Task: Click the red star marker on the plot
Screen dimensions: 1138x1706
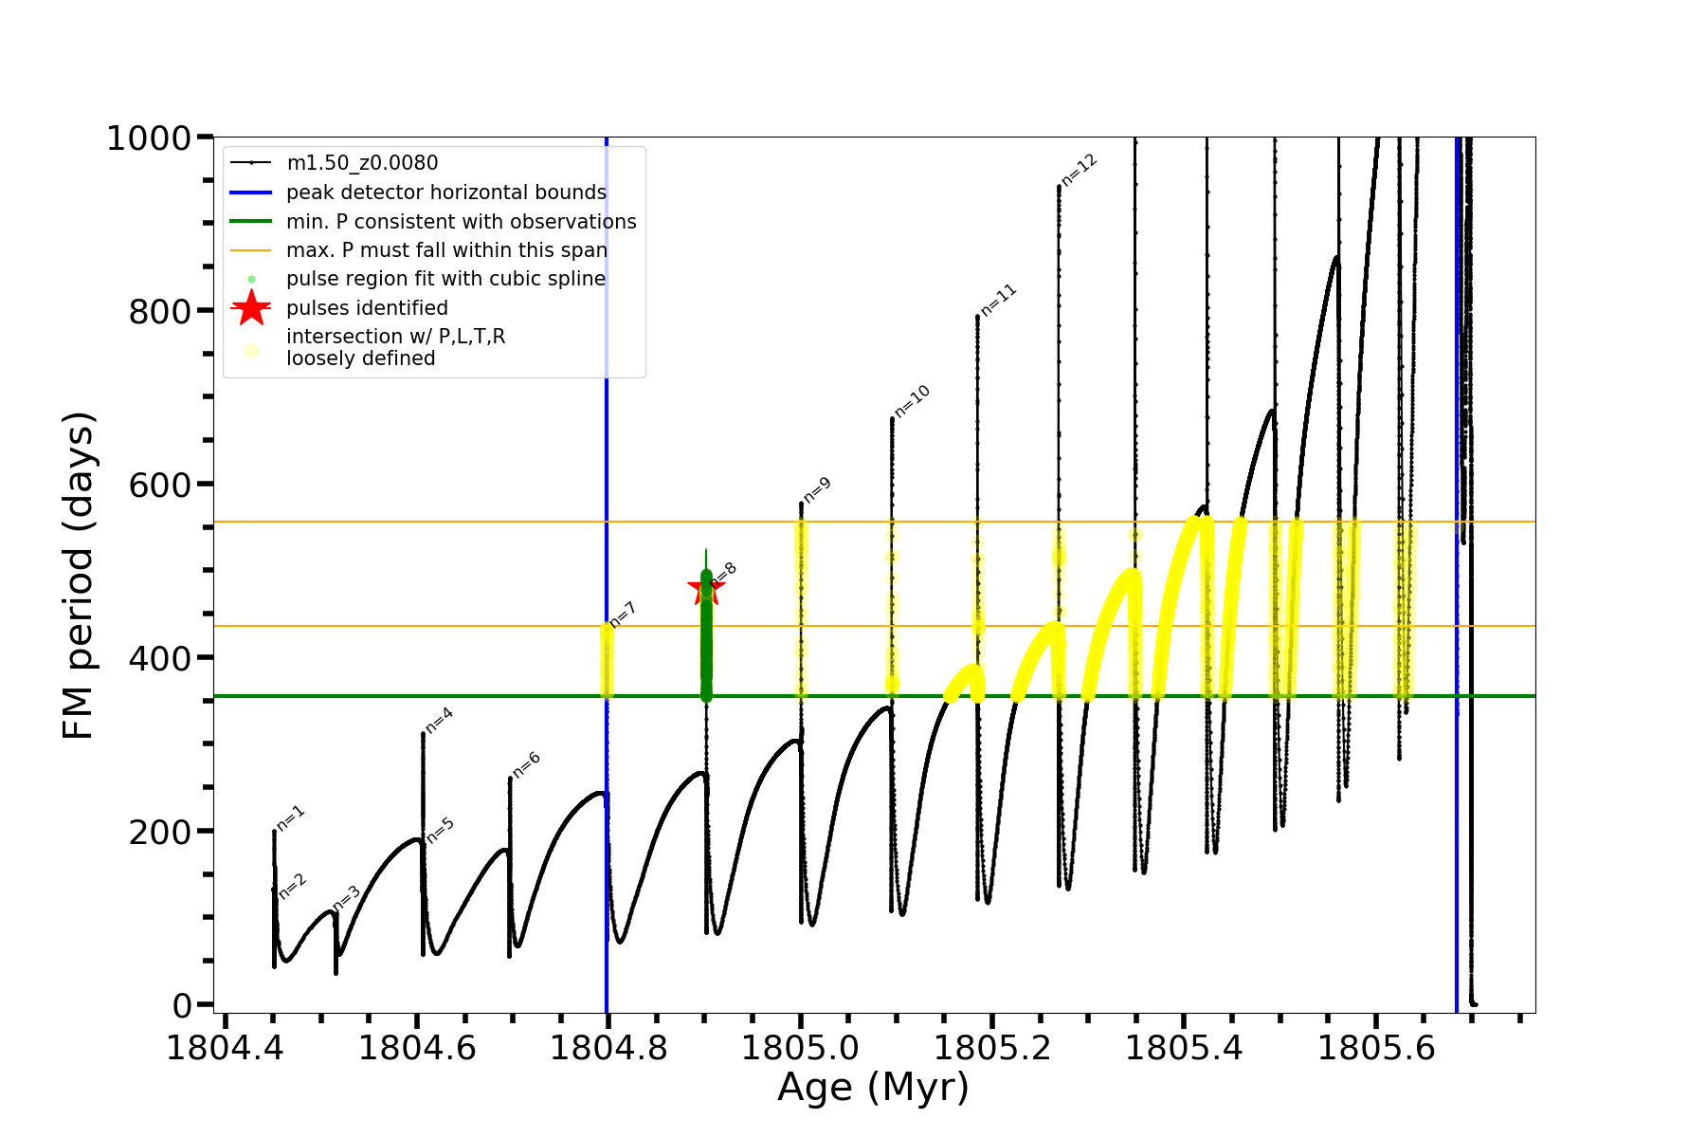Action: tap(705, 589)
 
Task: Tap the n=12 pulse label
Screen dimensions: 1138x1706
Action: tap(1079, 170)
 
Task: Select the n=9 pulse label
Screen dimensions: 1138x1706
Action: tap(817, 489)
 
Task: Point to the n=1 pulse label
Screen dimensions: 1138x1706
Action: tap(291, 817)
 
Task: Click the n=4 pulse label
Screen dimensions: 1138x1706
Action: tap(439, 721)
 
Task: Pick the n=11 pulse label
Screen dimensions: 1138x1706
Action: tap(998, 300)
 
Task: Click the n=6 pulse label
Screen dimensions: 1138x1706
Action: tap(526, 763)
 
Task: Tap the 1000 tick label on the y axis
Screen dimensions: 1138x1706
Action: tap(149, 138)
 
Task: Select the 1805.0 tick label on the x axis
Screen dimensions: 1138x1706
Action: tap(800, 1048)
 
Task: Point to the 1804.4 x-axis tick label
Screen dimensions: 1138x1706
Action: tap(225, 1048)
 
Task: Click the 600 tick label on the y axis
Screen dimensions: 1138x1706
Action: tap(160, 485)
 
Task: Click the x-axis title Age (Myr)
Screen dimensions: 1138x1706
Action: tap(873, 1088)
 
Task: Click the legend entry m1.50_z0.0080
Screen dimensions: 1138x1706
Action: tap(362, 163)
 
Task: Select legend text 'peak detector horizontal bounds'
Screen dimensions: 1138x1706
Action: tap(445, 193)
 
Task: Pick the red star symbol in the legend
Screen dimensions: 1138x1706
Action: tap(251, 308)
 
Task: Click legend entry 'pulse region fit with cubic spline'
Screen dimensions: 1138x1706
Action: tap(445, 279)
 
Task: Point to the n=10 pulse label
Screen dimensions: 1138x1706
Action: tap(912, 401)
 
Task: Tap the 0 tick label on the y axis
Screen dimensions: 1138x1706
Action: tap(182, 1005)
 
